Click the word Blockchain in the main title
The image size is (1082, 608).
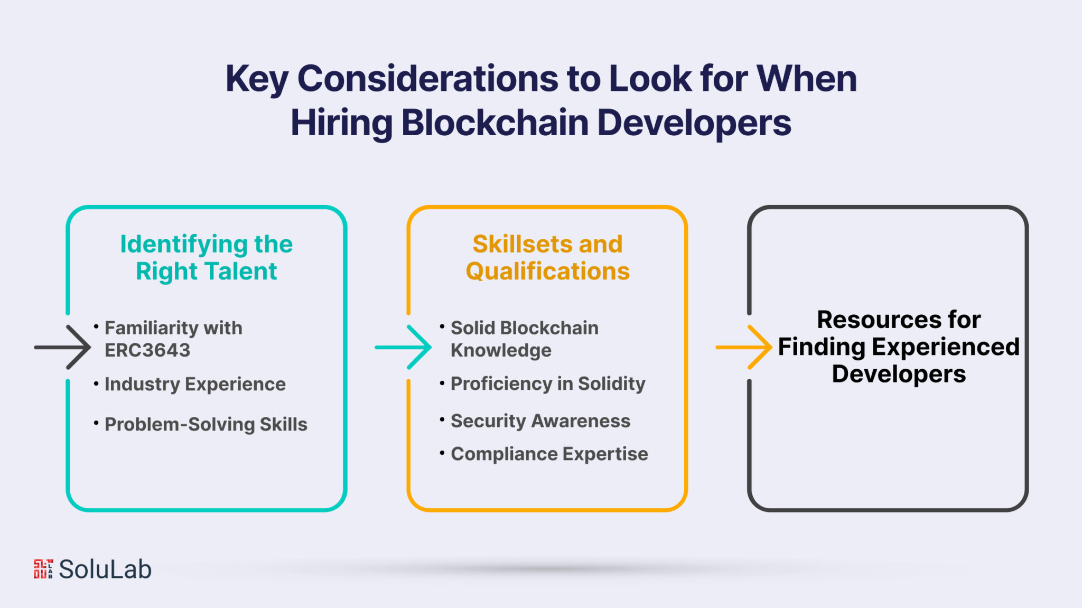point(495,123)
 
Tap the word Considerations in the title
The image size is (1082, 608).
point(427,79)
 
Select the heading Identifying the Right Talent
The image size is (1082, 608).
point(207,258)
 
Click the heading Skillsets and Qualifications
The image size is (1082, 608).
point(547,258)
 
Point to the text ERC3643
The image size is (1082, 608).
point(147,350)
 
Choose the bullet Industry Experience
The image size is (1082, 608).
point(195,385)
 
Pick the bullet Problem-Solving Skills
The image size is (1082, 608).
point(206,425)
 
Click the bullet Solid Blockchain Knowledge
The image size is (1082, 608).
point(525,339)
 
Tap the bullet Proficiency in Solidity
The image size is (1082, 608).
point(548,384)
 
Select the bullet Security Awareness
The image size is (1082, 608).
point(540,421)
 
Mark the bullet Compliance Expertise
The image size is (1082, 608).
point(549,454)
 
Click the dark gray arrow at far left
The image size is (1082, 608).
point(62,347)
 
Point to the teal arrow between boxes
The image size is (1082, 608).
point(403,347)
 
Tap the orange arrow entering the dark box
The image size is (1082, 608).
point(744,347)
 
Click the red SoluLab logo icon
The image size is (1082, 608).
point(43,569)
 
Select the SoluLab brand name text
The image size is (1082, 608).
point(105,569)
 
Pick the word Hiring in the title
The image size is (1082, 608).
point(342,123)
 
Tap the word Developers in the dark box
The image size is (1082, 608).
point(899,375)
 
